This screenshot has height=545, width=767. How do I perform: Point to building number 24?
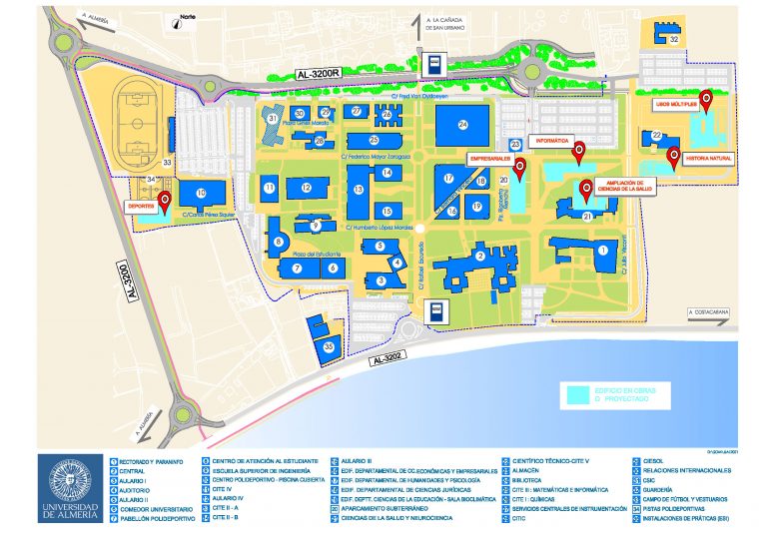click(463, 124)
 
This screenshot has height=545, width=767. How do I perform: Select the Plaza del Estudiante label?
click(311, 255)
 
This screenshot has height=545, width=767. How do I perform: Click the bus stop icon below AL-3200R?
click(435, 64)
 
